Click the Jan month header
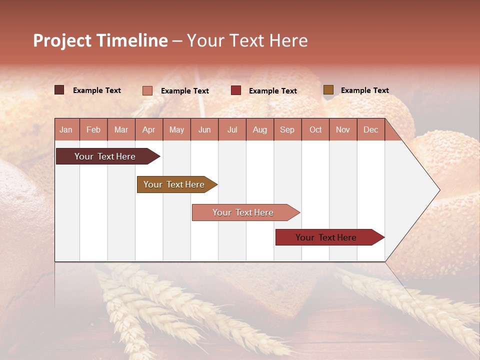pyautogui.click(x=66, y=129)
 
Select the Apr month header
pyautogui.click(x=149, y=129)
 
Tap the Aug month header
pyautogui.click(x=259, y=129)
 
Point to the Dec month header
pyautogui.click(x=370, y=129)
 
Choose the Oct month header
pyautogui.click(x=315, y=129)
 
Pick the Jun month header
pyautogui.click(x=204, y=129)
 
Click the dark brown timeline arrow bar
pyautogui.click(x=105, y=156)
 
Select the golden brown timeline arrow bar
pyautogui.click(x=174, y=184)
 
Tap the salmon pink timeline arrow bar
pyautogui.click(x=243, y=212)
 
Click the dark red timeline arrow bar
pyautogui.click(x=326, y=237)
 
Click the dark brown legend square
pyautogui.click(x=59, y=90)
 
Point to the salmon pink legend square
pyautogui.click(x=147, y=90)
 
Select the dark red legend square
pyautogui.click(x=236, y=90)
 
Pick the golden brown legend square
pyautogui.click(x=328, y=90)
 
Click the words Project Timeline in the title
pyautogui.click(x=100, y=40)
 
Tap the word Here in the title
pyautogui.click(x=288, y=40)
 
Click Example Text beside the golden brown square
pyautogui.click(x=364, y=90)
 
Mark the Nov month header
pyautogui.click(x=343, y=129)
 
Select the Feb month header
pyautogui.click(x=93, y=129)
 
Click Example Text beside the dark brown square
pyautogui.click(x=97, y=90)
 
